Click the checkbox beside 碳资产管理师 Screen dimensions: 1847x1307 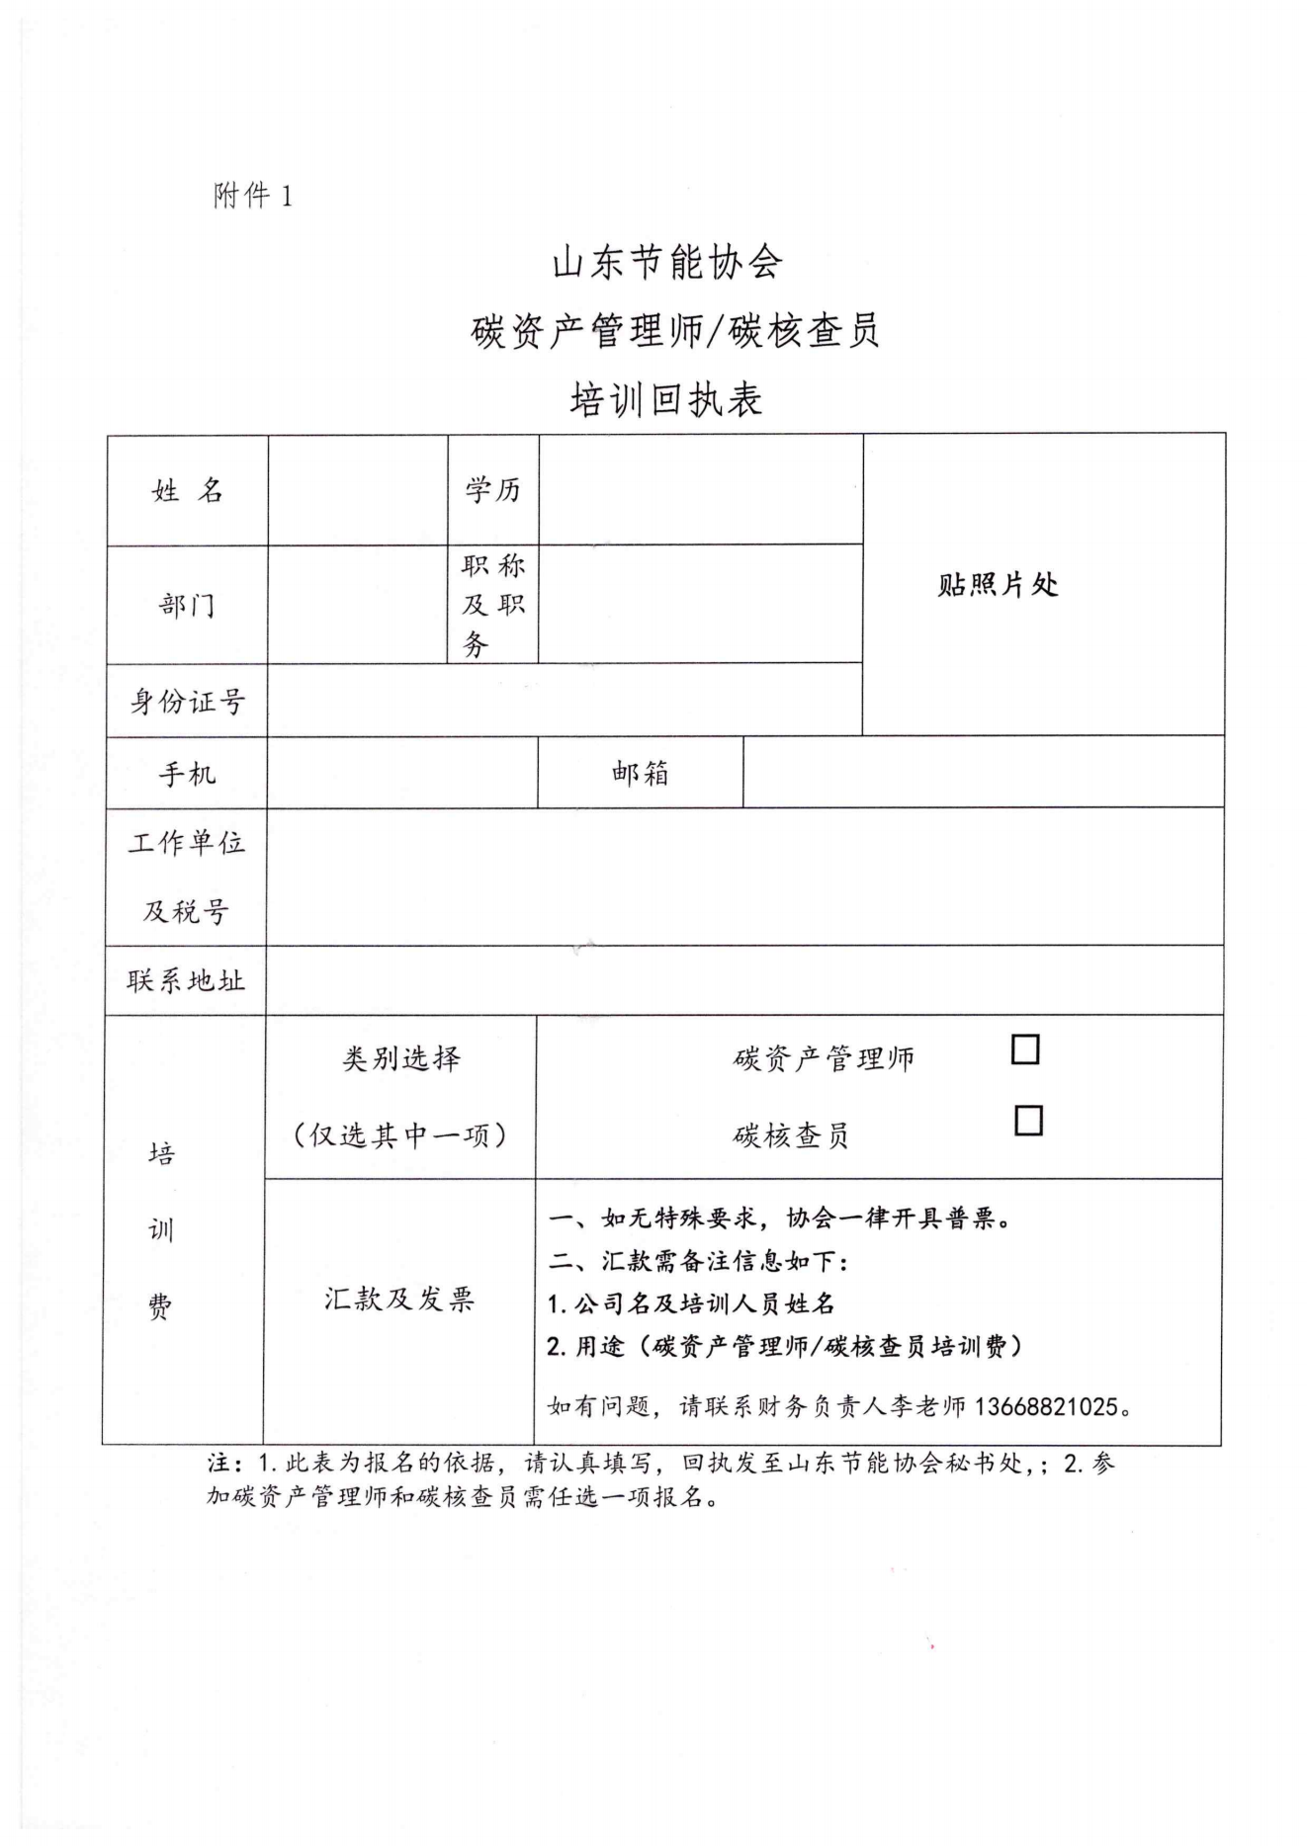pyautogui.click(x=1025, y=1049)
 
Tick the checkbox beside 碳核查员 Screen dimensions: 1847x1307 pyautogui.click(x=1028, y=1120)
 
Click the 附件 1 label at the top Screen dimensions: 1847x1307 pyautogui.click(x=252, y=196)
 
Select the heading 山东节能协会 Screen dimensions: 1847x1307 pyautogui.click(x=666, y=263)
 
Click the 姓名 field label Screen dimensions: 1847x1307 pyautogui.click(x=187, y=490)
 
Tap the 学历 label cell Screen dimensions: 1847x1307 pyautogui.click(x=492, y=489)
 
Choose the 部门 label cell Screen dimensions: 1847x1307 pyautogui.click(x=187, y=604)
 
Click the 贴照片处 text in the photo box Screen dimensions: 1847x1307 pyautogui.click(x=998, y=585)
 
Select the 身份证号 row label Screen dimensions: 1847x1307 pyautogui.click(x=187, y=702)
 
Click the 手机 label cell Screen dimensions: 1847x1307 pyautogui.click(x=187, y=773)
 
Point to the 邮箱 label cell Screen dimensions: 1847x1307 pyautogui.click(x=640, y=773)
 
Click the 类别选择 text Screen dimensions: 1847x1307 pyautogui.click(x=400, y=1059)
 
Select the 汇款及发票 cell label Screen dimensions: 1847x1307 pyautogui.click(x=399, y=1299)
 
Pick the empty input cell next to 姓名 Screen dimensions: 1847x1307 pyautogui.click(x=358, y=490)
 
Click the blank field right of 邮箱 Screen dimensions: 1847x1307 pyautogui.click(x=983, y=773)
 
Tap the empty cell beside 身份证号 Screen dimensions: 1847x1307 pyautogui.click(x=564, y=701)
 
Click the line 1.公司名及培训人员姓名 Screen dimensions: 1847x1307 pyautogui.click(x=691, y=1303)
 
